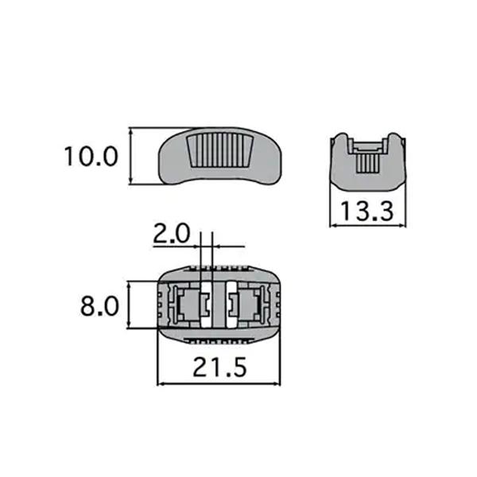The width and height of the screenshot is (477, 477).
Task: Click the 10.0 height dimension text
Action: [91, 156]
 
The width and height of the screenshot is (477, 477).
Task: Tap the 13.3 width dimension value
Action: [366, 211]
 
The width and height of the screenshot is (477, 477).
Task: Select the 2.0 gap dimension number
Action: [171, 234]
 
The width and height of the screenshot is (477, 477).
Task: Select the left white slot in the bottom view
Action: [205, 304]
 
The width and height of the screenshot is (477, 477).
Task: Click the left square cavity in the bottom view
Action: [188, 304]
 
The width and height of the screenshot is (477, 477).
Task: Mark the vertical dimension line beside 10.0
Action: [129, 156]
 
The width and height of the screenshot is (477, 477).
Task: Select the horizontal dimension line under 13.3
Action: [366, 225]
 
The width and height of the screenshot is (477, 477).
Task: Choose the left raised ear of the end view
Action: [339, 140]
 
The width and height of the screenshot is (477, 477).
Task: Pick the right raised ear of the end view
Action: [394, 140]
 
